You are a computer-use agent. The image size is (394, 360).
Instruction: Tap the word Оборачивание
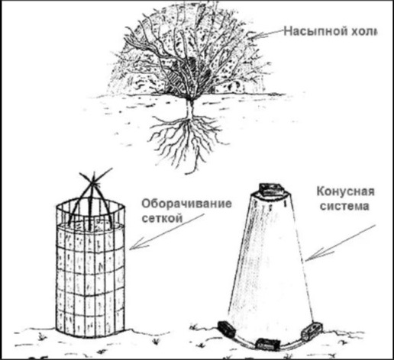coord(186,204)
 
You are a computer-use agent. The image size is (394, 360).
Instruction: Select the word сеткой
coord(162,218)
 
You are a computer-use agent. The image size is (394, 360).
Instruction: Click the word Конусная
coord(345,191)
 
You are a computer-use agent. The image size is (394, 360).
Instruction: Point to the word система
coord(344,206)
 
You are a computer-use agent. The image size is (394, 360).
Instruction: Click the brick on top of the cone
coord(271,189)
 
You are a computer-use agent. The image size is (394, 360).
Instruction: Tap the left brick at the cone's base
coord(226,329)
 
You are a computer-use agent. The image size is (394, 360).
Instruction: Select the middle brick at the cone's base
coord(267,344)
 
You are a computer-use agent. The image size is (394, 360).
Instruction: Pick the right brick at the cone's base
coord(312,331)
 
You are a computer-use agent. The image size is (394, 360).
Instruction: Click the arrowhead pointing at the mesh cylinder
coord(137,244)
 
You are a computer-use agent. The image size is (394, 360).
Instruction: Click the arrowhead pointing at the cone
coord(315,255)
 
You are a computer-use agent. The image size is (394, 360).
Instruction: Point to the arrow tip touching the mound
coord(250,38)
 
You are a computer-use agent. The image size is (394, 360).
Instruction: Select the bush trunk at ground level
coord(190,101)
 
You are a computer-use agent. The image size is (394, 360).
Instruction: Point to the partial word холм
coord(363,31)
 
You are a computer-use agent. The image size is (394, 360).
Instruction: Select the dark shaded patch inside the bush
coord(193,63)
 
